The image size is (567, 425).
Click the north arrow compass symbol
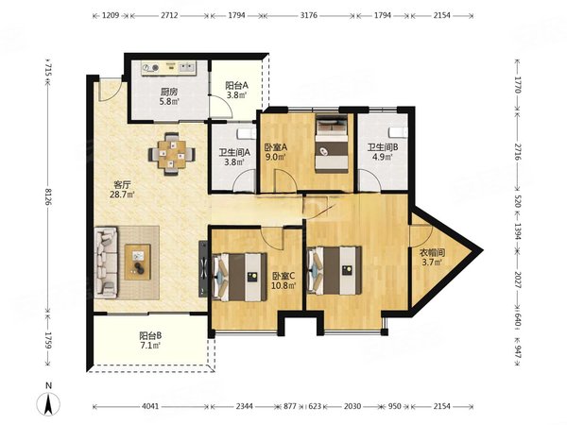(48, 403)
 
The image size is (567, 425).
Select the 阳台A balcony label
(236, 86)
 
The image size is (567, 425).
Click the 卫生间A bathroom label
(234, 152)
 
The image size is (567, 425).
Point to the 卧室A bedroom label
(276, 147)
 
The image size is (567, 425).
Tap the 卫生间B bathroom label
(383, 147)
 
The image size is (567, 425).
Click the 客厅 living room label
(122, 185)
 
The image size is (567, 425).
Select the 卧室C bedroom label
(283, 276)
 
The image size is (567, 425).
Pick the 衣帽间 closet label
(432, 252)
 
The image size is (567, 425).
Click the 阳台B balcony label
(150, 335)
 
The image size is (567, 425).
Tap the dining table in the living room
(172, 154)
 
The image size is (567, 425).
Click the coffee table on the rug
(137, 262)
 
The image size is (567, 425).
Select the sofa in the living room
(106, 263)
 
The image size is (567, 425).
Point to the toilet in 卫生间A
(246, 133)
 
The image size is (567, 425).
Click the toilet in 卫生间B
(398, 132)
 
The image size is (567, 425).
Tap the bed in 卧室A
(332, 144)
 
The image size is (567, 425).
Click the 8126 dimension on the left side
(48, 195)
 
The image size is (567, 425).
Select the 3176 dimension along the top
(309, 15)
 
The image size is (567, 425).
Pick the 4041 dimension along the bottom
(150, 406)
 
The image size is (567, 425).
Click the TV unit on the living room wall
(203, 269)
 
